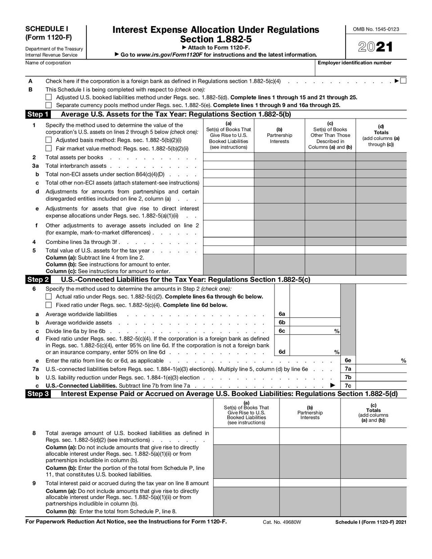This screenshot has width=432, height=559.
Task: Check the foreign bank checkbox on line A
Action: [x=403, y=81]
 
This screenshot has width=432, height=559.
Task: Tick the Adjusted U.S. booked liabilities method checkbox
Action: [x=49, y=97]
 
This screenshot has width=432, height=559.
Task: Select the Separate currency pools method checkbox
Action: [x=49, y=105]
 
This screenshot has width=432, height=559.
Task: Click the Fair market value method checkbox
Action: [x=49, y=148]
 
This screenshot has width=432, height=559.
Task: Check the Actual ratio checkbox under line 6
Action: [x=49, y=297]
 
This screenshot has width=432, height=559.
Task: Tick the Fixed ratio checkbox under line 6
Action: [x=49, y=305]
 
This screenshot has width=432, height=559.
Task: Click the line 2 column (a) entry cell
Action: [x=229, y=157]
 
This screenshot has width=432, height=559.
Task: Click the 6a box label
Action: [x=282, y=314]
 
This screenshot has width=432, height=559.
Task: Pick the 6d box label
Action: [x=282, y=352]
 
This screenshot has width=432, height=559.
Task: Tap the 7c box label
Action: [x=348, y=386]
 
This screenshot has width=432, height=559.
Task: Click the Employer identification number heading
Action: [x=355, y=63]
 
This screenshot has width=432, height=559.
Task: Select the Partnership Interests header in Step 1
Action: [x=279, y=138]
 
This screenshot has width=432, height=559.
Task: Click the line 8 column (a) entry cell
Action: [x=246, y=436]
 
